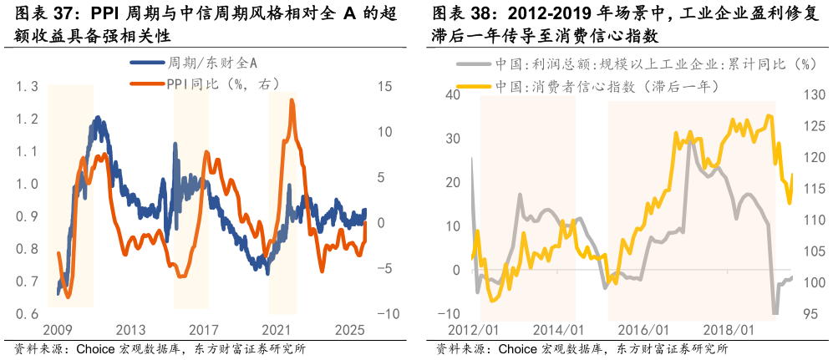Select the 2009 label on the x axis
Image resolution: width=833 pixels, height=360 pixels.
pos(56,331)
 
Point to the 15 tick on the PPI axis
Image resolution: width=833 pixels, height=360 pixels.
pos(384,87)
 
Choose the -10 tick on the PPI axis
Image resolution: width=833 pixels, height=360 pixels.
pos(388,314)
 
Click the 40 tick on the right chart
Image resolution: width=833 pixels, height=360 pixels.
pos(452,94)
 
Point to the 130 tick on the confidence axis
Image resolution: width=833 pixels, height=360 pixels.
pos(815,94)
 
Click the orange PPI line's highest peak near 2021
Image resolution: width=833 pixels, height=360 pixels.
pos(292,100)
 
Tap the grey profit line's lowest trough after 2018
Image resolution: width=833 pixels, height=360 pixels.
pos(775,312)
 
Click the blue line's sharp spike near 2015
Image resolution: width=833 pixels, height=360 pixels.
pos(175,144)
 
